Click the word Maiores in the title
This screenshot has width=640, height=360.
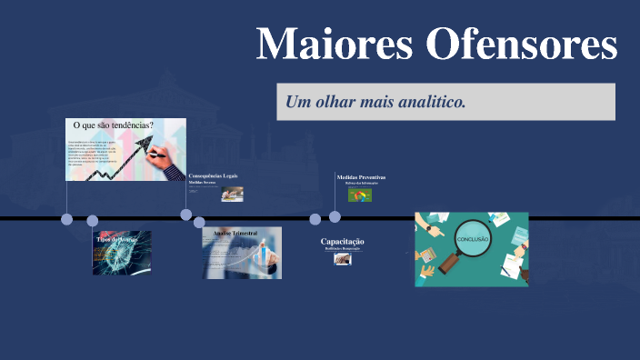(322, 44)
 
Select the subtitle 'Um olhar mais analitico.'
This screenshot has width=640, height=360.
(375, 102)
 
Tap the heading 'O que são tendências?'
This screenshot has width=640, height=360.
(113, 125)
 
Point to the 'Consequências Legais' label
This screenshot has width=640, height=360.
(213, 175)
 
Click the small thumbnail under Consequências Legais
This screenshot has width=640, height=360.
(232, 193)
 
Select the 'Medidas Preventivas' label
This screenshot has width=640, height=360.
(361, 177)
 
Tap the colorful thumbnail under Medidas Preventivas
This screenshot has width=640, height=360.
(360, 195)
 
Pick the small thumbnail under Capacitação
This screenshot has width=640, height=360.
(343, 258)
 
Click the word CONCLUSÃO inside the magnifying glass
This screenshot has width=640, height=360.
(472, 238)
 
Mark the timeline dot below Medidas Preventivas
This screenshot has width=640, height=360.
(335, 216)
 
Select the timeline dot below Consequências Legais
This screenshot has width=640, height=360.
(186, 215)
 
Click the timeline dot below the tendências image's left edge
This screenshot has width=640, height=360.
(66, 219)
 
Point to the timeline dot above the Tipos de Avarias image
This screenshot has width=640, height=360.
(92, 220)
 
